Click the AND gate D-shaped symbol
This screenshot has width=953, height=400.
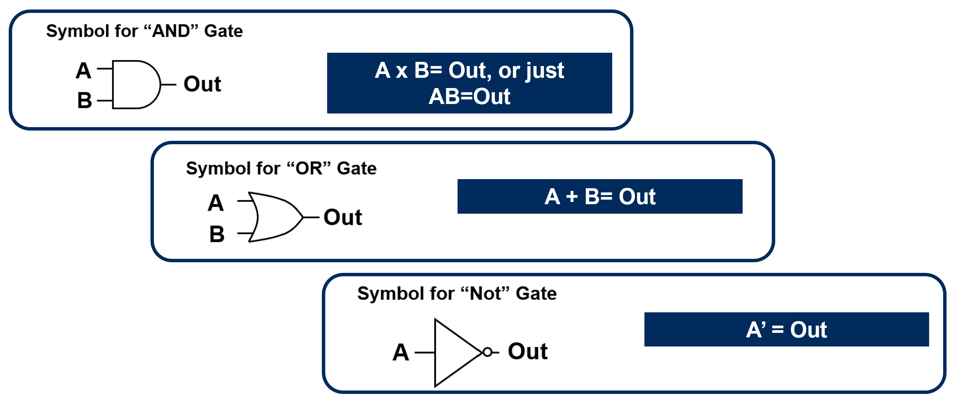(x=135, y=84)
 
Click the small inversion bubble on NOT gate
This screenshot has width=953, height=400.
(x=488, y=352)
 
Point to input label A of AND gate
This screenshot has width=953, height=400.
(x=83, y=71)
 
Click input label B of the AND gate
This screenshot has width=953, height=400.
(x=85, y=101)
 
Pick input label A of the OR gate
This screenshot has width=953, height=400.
(x=216, y=203)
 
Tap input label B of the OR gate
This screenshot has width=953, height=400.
(x=217, y=234)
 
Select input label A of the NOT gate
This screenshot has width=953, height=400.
(x=401, y=352)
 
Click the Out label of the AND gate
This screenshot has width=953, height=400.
(x=202, y=84)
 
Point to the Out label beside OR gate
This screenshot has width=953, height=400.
(x=343, y=217)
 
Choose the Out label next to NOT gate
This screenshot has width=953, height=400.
(x=528, y=351)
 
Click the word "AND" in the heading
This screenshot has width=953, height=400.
(x=171, y=31)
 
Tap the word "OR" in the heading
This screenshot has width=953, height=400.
(x=309, y=168)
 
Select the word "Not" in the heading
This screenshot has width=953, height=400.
(x=485, y=293)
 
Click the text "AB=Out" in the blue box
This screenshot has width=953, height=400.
(x=469, y=96)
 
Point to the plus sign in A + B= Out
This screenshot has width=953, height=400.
(x=572, y=197)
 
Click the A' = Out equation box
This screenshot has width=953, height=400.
(x=786, y=329)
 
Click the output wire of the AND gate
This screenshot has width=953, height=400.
(x=169, y=84)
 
